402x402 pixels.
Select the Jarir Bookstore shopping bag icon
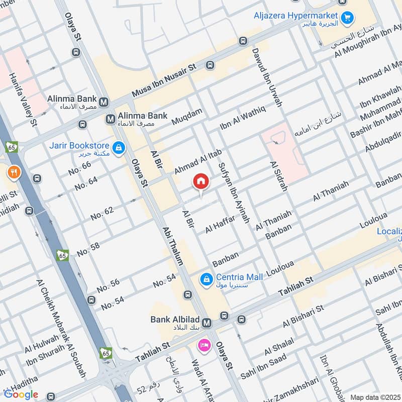(x=119, y=148)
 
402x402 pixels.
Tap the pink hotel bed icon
(x=204, y=345)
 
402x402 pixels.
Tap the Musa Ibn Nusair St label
(x=164, y=80)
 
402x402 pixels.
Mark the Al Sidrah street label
(x=278, y=176)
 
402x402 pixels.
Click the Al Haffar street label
(x=220, y=225)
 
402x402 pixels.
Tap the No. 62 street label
(x=103, y=213)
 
